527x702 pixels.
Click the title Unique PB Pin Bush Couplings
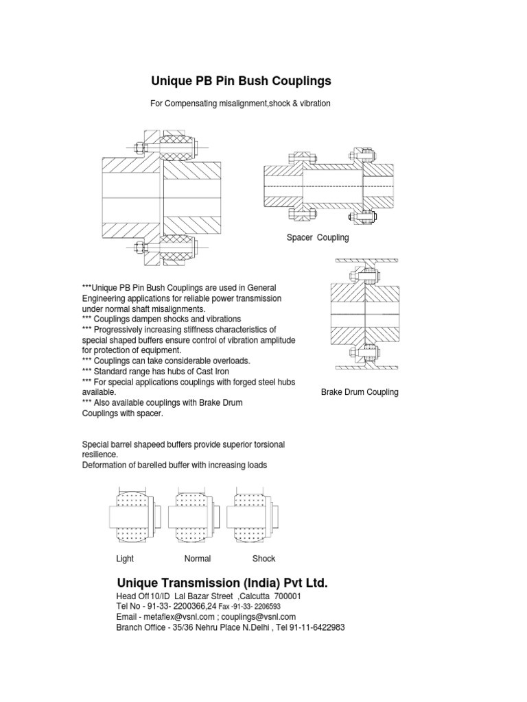(x=240, y=81)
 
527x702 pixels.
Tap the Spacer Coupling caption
(x=318, y=237)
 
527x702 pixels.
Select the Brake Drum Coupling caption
(x=360, y=392)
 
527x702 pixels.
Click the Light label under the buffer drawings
(x=125, y=559)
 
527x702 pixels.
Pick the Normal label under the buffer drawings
(x=198, y=559)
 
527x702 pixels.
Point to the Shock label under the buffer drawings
(x=263, y=559)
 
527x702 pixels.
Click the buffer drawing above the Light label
(x=134, y=515)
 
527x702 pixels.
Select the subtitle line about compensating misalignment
(x=240, y=104)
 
